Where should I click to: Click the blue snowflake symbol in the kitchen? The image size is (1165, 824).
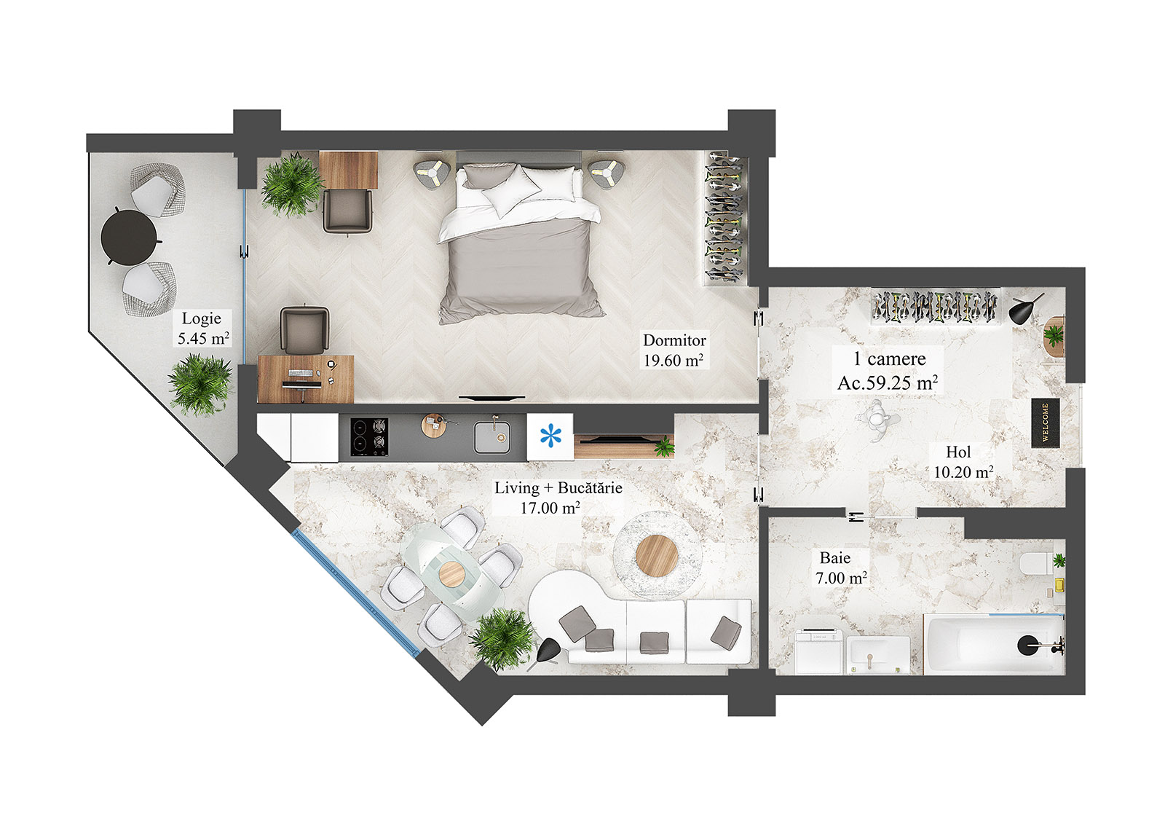point(550,436)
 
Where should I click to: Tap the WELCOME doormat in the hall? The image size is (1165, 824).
point(1045,422)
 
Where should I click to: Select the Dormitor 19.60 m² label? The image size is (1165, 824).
point(674,350)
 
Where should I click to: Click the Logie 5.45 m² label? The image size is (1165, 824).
point(203,329)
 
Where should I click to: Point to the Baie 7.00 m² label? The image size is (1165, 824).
point(840,568)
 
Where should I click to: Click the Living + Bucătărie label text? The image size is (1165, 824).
point(558,488)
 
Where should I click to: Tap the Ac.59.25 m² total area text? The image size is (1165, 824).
point(887,383)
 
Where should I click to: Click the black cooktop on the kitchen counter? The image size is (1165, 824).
point(368,436)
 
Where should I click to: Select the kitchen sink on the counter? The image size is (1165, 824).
point(492,437)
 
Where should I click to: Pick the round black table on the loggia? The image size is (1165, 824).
point(129,236)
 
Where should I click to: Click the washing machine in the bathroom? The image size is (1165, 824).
point(820,652)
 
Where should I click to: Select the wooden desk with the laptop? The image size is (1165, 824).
point(305,379)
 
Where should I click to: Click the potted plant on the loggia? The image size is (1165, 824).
point(200,383)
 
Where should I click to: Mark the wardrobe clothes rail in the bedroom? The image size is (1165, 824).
point(724,219)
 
